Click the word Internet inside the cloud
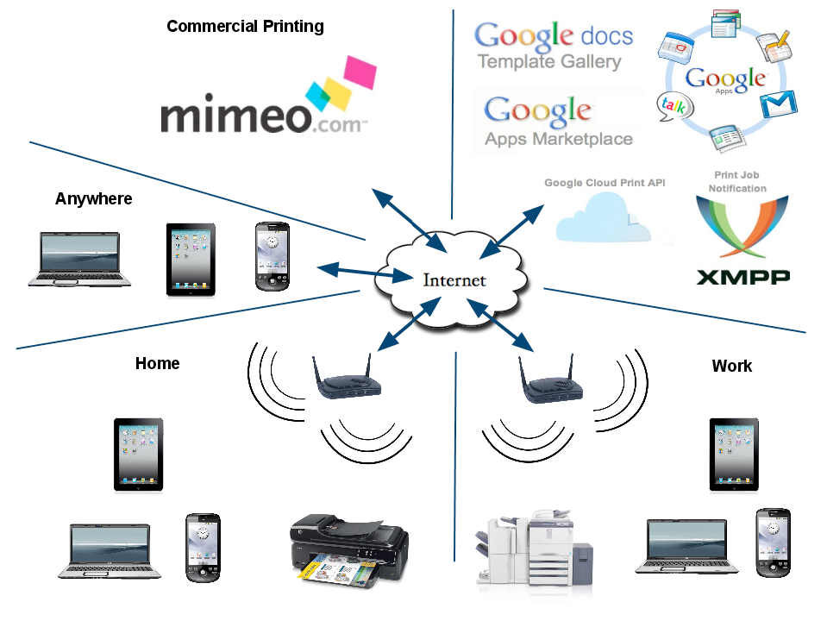click(454, 280)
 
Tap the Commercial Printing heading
click(245, 27)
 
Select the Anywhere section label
click(94, 199)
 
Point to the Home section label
click(157, 363)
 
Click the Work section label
click(732, 367)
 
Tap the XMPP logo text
click(743, 277)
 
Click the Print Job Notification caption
click(737, 181)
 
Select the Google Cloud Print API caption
click(605, 183)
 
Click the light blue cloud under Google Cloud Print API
click(603, 218)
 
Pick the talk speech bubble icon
click(675, 107)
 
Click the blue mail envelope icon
click(779, 104)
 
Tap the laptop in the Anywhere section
click(79, 260)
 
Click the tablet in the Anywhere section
click(191, 260)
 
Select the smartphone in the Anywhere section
click(273, 256)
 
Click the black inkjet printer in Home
click(349, 551)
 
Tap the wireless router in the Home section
click(346, 379)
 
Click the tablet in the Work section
click(734, 455)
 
